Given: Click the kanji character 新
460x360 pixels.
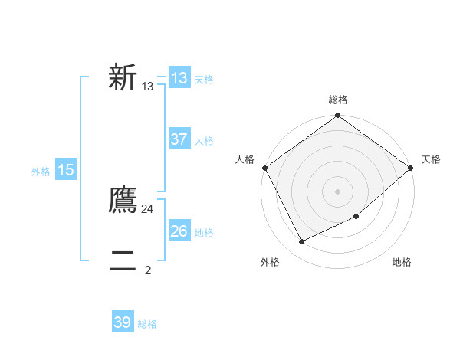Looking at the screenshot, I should click(123, 77).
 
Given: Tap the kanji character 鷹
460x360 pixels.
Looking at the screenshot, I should click(123, 200).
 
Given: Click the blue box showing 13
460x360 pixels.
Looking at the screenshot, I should click(179, 78).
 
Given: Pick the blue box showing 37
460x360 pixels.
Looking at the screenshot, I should click(179, 139).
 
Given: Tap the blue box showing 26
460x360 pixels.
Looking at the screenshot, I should click(179, 231).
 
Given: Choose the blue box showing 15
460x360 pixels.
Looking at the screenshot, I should click(65, 170).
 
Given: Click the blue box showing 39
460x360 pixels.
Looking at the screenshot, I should click(123, 322).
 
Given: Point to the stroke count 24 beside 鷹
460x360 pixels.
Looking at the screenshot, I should click(148, 208).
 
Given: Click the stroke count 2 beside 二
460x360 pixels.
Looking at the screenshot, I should click(148, 270).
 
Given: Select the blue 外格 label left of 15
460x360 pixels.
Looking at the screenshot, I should click(41, 172).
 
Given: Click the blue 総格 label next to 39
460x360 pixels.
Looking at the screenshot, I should click(147, 324).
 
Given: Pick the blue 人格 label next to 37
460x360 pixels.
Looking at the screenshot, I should click(204, 141).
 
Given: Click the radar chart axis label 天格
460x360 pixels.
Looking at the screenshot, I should click(431, 159).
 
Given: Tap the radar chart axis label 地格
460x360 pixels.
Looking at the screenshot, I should click(402, 262).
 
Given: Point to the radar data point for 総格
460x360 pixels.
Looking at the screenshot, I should click(338, 116).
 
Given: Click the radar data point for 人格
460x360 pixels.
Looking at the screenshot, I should click(264, 168).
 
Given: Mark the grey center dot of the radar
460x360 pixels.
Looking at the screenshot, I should click(338, 191).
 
